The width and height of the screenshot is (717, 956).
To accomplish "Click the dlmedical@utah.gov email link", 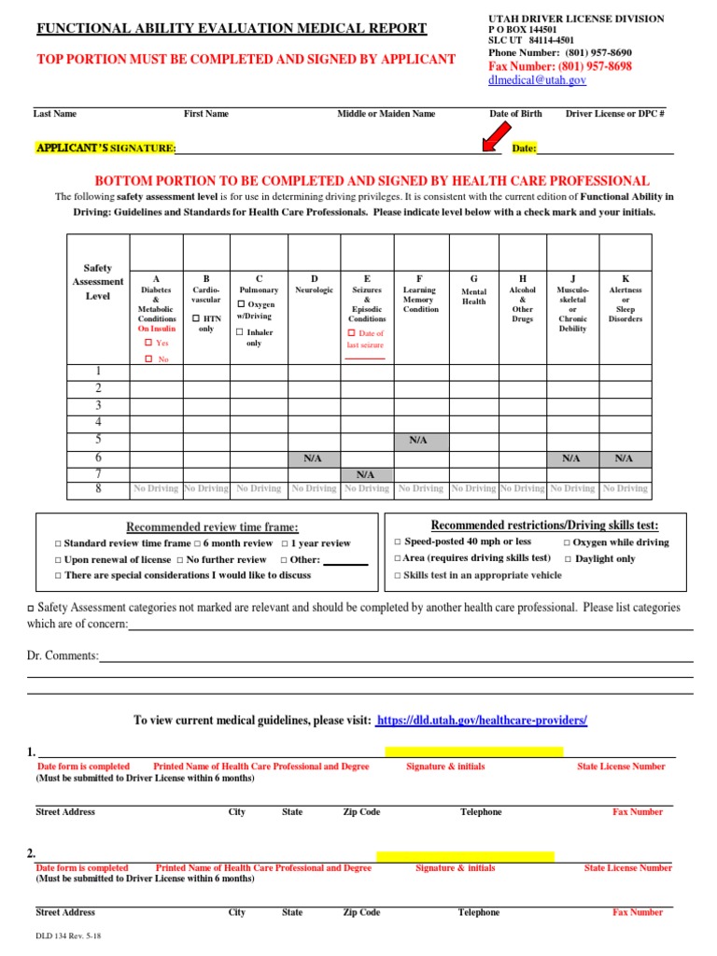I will pos(537,81).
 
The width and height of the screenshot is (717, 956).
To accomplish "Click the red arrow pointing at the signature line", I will pos(488,139).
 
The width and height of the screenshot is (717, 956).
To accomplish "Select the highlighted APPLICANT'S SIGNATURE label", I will pos(105,148).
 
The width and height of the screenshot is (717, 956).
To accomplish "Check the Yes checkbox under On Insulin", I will pos(148,344).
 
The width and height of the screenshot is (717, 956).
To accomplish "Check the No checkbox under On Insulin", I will pos(148,359).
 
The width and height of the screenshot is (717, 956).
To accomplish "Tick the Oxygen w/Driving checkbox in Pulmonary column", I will pos(241,305).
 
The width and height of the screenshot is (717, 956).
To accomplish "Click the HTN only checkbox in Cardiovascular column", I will pos(195,319).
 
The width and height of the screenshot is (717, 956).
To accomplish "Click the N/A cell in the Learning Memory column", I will pos(420,440).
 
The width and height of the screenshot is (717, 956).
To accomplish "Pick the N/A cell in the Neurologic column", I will pos(314,458).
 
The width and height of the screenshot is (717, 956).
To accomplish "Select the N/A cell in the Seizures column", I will pos(366,475).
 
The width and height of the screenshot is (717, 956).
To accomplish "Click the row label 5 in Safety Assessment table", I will pos(97,440).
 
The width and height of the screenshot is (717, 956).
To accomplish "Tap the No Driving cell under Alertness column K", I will pos(626,488).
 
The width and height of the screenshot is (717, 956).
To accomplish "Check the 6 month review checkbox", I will pos(197,543).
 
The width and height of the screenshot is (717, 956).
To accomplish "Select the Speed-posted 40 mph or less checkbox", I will pos(397,542).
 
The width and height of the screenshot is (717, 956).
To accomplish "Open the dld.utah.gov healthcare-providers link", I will pos(483,721).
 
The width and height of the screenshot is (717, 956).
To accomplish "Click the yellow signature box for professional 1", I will pos(473,752).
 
